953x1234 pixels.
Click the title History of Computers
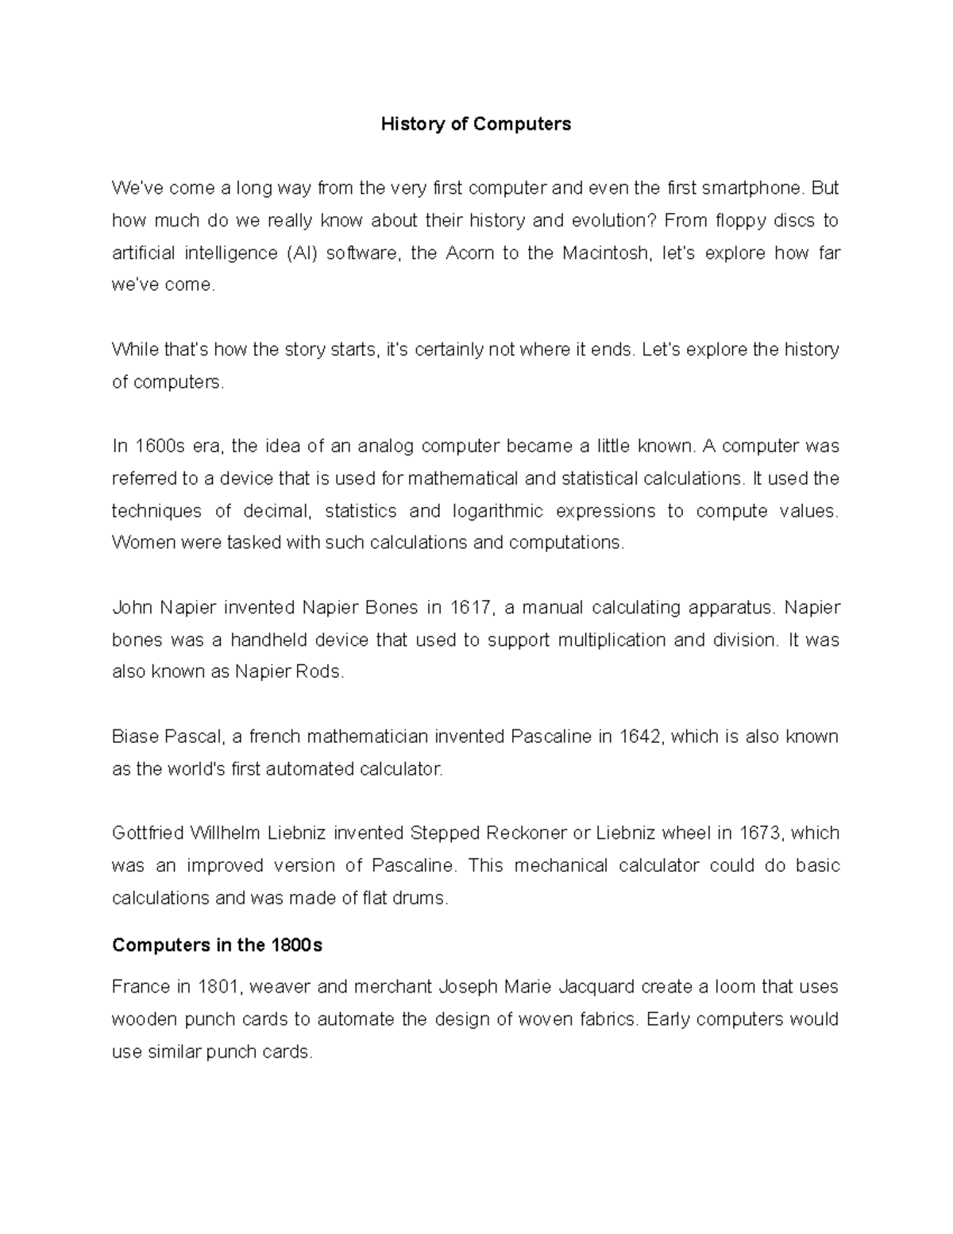(x=476, y=124)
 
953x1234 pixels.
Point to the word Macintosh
(x=604, y=253)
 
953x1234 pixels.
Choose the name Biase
(x=135, y=737)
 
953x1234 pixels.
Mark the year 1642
(x=640, y=737)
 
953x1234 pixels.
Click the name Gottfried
(x=148, y=833)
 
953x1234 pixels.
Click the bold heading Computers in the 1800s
(x=218, y=946)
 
